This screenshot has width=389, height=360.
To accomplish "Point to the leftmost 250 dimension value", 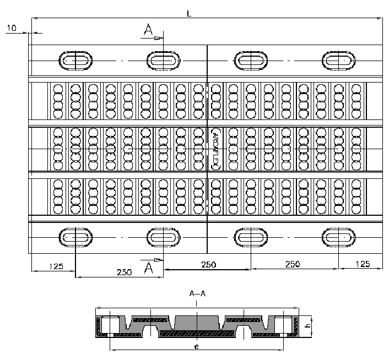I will (x=124, y=272).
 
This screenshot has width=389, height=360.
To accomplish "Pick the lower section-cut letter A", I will (x=148, y=268).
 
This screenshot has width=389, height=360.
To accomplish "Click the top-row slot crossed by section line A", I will (x=163, y=60).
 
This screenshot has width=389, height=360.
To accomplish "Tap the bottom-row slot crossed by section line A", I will (x=163, y=237).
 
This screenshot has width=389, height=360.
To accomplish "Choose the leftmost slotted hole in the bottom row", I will (x=75, y=237).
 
